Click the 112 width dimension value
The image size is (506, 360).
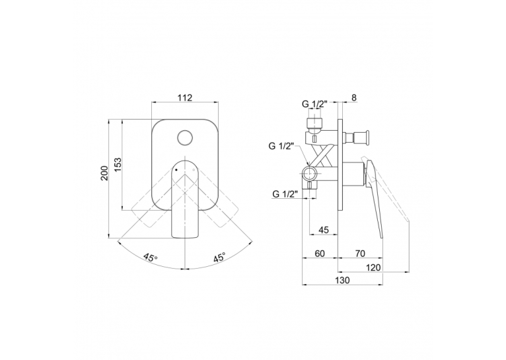tap(185, 97)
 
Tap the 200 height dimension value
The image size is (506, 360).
tap(104, 173)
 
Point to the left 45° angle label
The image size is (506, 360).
tap(151, 258)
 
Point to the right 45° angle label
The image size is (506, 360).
tap(219, 258)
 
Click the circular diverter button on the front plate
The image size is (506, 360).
tap(185, 138)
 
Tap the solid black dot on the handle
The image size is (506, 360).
tap(176, 169)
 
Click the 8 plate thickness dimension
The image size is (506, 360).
tap(354, 97)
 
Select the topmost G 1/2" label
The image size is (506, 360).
tap(314, 104)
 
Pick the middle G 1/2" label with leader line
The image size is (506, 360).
tap(281, 146)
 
